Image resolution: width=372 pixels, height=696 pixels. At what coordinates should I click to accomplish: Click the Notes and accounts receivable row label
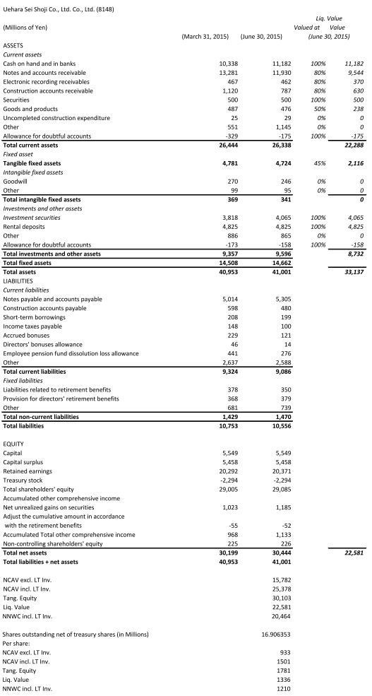click(44, 73)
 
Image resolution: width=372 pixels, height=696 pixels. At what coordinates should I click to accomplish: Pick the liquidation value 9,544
click(353, 73)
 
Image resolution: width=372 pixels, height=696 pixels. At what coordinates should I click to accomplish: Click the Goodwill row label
click(17, 181)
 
